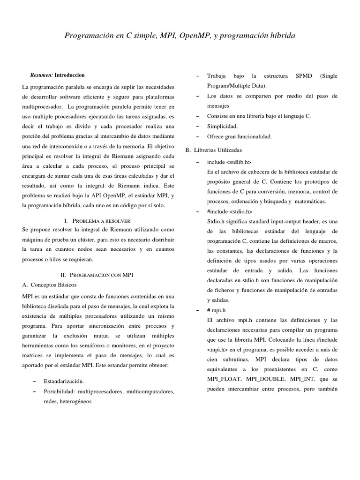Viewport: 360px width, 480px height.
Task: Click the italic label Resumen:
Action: tap(41, 75)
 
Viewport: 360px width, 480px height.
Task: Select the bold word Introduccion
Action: tap(69, 75)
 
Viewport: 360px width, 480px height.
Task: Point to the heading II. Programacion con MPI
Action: tap(97, 275)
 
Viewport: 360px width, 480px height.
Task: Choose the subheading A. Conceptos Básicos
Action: tap(49, 285)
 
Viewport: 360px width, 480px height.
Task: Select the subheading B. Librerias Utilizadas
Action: tap(214, 150)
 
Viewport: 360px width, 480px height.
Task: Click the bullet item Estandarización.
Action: tap(64, 381)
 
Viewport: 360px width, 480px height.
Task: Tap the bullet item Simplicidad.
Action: tap(222, 126)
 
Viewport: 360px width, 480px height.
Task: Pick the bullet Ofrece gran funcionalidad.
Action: tap(239, 136)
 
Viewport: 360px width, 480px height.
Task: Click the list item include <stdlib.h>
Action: tap(226, 162)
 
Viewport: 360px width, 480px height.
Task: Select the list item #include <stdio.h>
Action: tap(226, 211)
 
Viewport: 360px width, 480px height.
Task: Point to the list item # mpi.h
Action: tap(217, 310)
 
